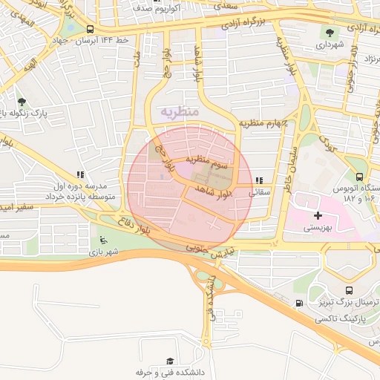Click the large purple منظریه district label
tap(179, 111)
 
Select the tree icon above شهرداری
tap(329, 33)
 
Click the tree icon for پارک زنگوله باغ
tap(22, 102)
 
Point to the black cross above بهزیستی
tap(318, 215)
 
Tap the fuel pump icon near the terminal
tap(299, 303)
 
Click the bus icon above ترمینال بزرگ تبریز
tap(350, 289)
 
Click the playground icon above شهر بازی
tap(103, 240)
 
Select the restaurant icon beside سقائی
tap(258, 180)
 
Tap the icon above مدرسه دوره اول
tap(77, 175)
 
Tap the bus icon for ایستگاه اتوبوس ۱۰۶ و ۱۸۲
tap(359, 177)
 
